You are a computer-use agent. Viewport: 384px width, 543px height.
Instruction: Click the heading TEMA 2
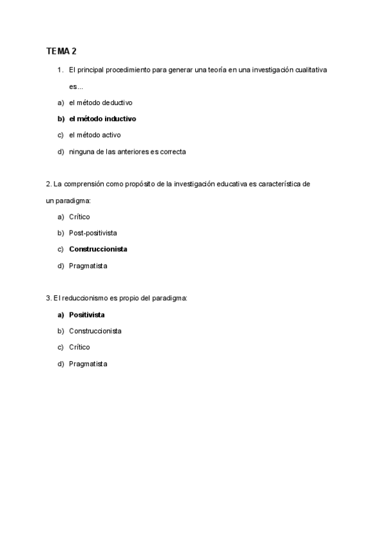[61, 51]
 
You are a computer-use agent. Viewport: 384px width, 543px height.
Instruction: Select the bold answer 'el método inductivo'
[102, 118]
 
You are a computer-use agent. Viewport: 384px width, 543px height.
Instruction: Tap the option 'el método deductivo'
[100, 102]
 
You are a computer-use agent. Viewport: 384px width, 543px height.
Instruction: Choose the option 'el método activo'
[95, 135]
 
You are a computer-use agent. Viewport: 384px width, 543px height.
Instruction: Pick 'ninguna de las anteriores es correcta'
[127, 152]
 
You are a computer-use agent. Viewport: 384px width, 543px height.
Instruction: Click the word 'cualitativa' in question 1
[310, 69]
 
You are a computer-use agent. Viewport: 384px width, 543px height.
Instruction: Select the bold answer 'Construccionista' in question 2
[98, 249]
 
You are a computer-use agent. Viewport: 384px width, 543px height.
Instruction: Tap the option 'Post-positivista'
[93, 232]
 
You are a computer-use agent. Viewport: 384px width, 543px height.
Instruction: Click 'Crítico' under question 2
[79, 216]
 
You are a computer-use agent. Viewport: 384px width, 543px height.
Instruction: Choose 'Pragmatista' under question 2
[88, 265]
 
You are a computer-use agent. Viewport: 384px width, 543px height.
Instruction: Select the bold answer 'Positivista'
[87, 315]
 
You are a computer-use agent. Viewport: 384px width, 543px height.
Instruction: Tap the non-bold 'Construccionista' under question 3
[95, 331]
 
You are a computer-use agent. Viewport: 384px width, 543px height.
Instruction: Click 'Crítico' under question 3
[79, 347]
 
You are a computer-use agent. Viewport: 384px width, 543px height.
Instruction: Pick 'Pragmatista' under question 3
[88, 364]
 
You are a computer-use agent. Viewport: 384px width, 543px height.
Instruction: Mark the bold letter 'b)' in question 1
[61, 118]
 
